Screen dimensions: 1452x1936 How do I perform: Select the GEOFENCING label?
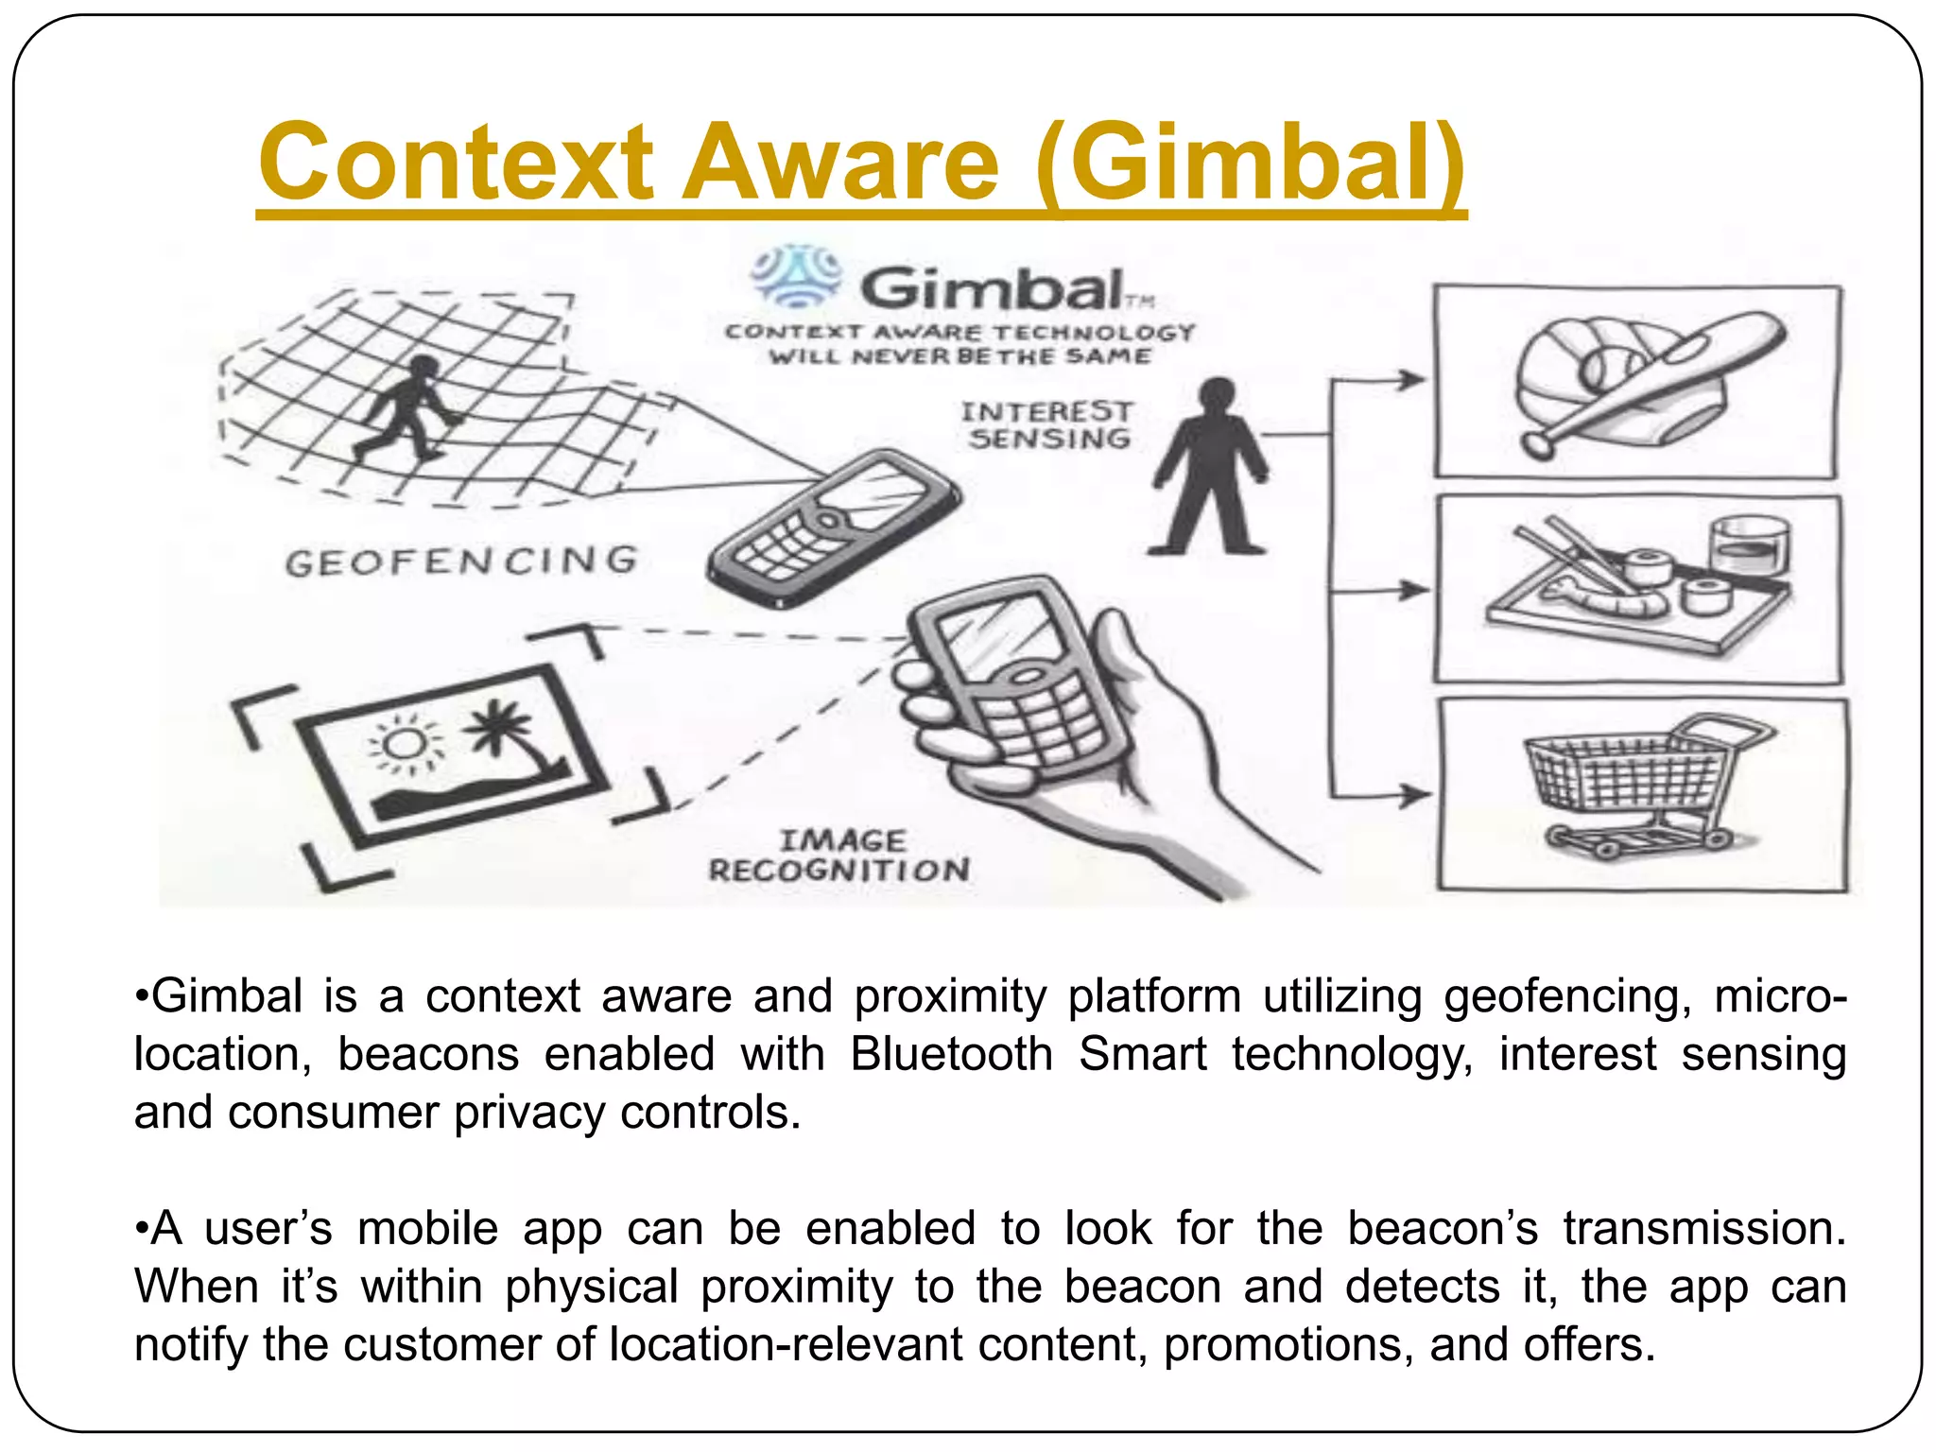[x=461, y=562]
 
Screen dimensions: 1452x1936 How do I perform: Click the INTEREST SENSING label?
[x=1047, y=425]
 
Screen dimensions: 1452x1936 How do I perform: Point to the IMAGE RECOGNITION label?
[x=839, y=856]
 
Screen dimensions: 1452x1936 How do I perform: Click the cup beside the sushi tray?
[x=1750, y=545]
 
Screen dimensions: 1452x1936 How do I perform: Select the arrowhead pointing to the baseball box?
[x=1412, y=380]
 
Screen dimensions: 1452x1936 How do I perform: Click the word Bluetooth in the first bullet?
[x=951, y=1054]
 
